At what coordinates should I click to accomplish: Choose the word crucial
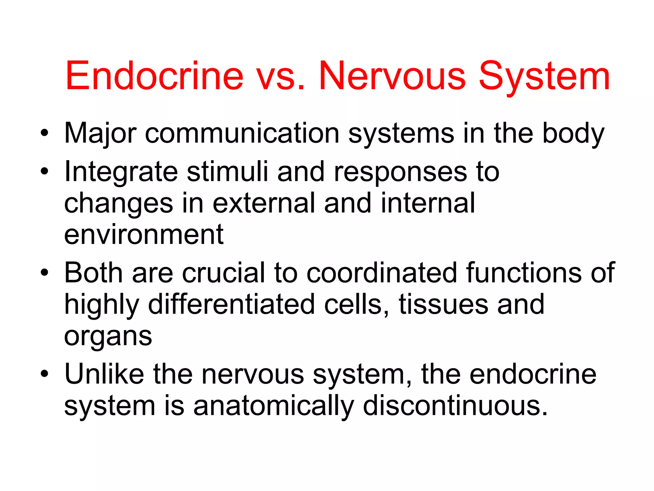[x=224, y=273]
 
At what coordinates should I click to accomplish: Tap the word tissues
[x=444, y=304]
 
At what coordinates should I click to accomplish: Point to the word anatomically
[x=274, y=406]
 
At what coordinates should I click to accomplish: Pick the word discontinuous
[x=455, y=406]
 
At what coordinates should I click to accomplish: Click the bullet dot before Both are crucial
[x=45, y=273]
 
